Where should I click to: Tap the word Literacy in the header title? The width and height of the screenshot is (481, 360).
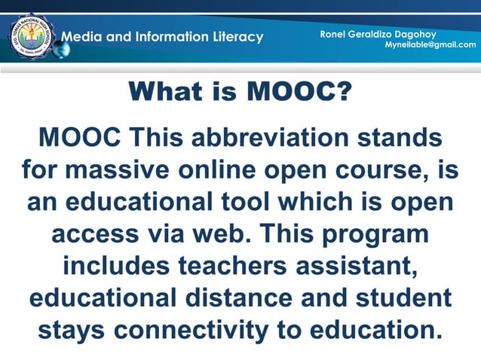(234, 37)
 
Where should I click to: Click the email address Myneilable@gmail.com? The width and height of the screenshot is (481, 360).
(430, 44)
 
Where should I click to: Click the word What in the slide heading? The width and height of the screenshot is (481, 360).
(164, 93)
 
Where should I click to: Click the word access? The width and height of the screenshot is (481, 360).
(96, 233)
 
